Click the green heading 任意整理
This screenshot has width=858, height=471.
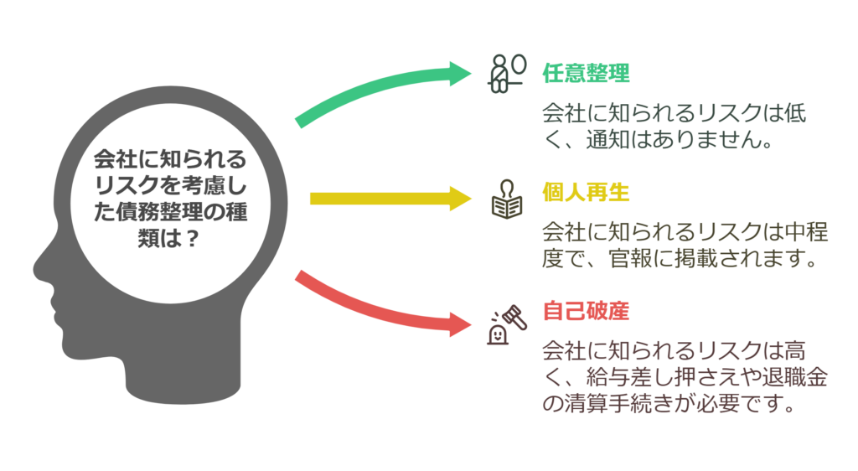click(x=586, y=73)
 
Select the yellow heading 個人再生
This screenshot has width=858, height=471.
click(x=586, y=192)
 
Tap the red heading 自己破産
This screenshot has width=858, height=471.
click(x=586, y=311)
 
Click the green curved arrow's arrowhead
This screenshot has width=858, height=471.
click(x=460, y=74)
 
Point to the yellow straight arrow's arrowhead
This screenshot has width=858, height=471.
click(x=461, y=199)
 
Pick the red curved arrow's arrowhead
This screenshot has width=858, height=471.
click(x=460, y=323)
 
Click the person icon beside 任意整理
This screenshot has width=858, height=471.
click(x=507, y=74)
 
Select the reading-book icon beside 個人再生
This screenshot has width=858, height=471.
click(x=507, y=199)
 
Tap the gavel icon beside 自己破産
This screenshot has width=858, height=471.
click(x=507, y=325)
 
